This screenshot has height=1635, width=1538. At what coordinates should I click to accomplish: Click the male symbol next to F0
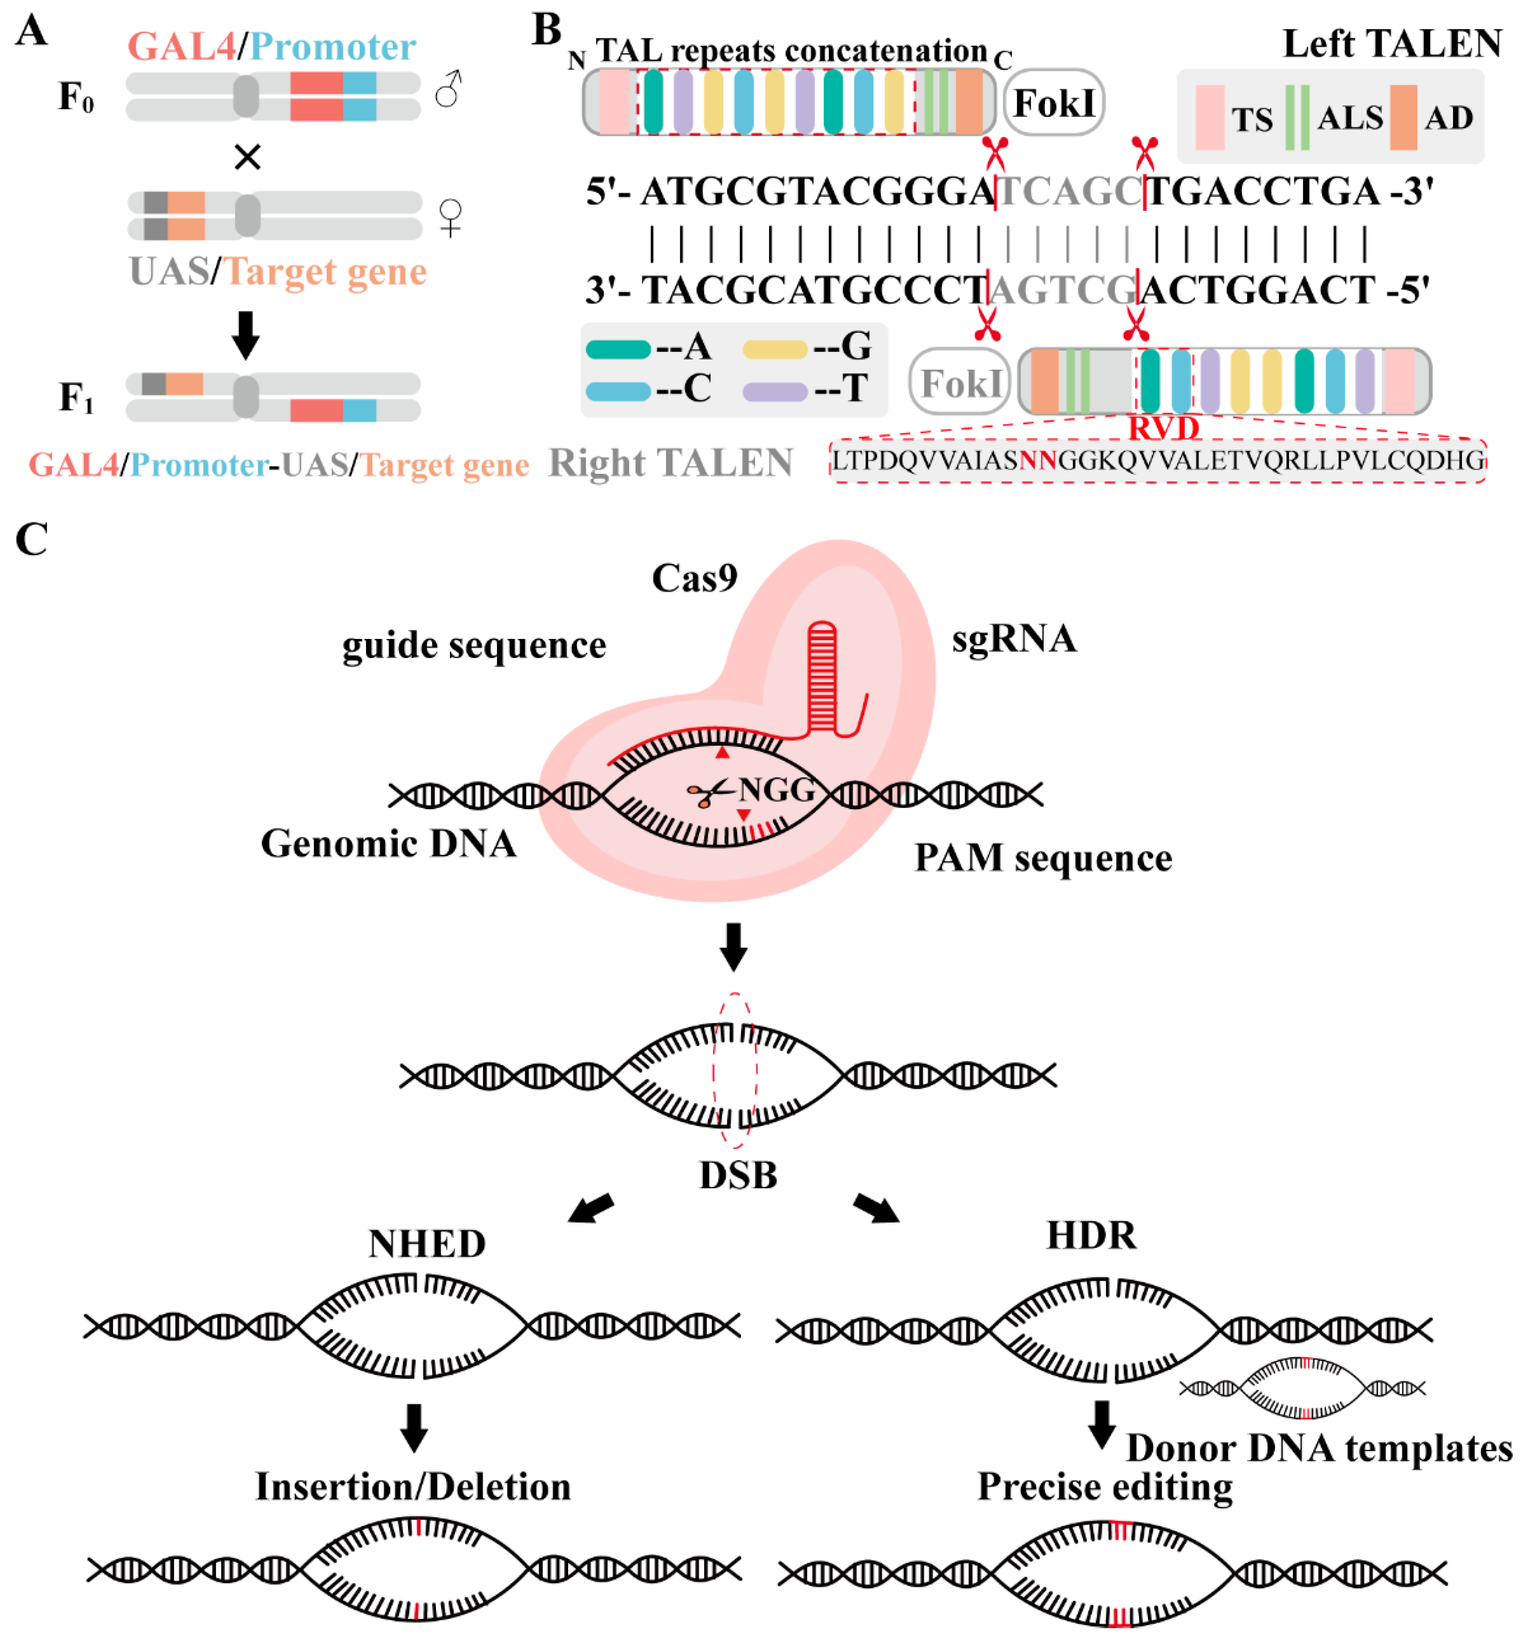coord(448,89)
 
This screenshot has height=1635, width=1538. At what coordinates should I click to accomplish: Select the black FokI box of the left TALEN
coord(1054,103)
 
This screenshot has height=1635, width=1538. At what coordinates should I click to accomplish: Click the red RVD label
coord(1163,428)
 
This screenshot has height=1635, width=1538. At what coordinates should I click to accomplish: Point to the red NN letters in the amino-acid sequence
coord(1038,461)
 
